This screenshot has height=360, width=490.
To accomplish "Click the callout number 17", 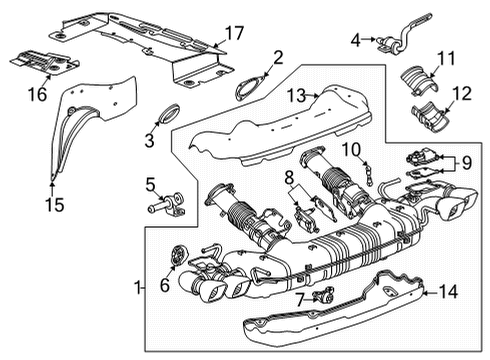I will [233, 34].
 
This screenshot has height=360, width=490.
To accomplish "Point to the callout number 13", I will [294, 96].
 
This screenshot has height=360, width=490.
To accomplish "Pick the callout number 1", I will [138, 289].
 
